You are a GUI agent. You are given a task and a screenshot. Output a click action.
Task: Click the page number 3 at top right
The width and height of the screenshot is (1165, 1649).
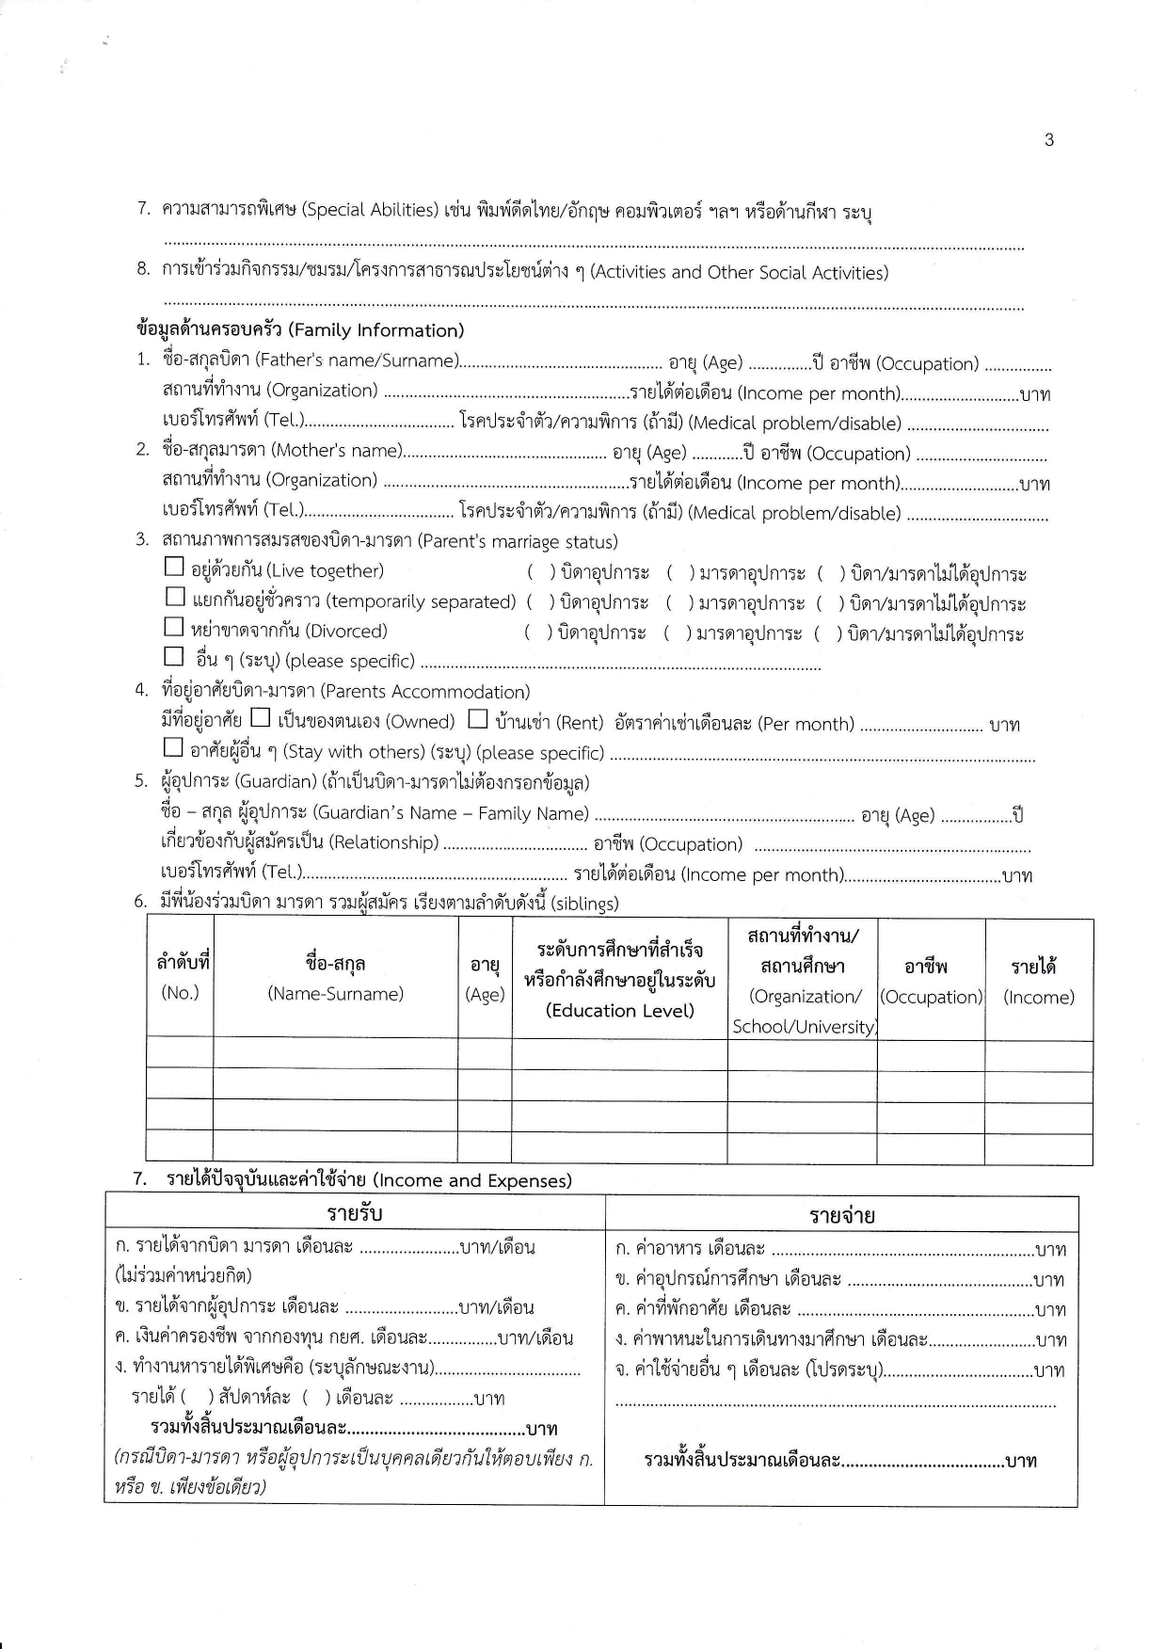[1049, 140]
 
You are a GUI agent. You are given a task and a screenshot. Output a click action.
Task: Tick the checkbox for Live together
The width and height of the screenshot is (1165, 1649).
[174, 568]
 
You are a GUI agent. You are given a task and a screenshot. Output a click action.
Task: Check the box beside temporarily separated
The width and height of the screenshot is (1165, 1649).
[175, 597]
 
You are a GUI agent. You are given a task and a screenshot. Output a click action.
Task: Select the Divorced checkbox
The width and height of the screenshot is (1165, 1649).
[174, 627]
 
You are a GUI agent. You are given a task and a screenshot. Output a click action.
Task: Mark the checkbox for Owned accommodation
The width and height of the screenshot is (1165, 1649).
[261, 719]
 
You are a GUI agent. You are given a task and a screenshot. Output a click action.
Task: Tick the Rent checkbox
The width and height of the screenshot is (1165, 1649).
[478, 719]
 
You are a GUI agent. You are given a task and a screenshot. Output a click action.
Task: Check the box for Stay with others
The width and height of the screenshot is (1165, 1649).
[173, 748]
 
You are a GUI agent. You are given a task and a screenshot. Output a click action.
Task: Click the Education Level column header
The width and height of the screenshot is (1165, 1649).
[619, 1010]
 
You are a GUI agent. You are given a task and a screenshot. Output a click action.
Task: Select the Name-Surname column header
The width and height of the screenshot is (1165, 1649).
[335, 993]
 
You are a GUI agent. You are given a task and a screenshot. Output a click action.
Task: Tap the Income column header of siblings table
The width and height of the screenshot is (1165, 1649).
[1038, 997]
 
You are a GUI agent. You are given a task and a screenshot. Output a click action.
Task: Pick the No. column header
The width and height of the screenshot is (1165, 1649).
[180, 992]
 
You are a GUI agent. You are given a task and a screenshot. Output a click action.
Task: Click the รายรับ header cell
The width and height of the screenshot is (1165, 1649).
[355, 1212]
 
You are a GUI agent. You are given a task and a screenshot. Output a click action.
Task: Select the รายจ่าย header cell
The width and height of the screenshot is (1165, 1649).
[841, 1215]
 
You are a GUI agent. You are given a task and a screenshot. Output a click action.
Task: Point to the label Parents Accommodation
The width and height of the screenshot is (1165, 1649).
[425, 692]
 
